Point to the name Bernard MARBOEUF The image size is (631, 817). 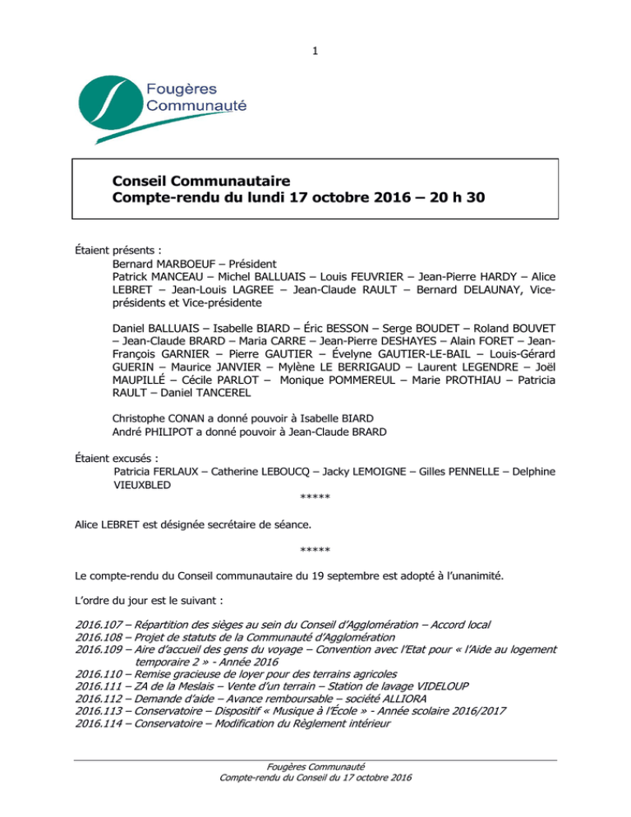(x=164, y=266)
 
